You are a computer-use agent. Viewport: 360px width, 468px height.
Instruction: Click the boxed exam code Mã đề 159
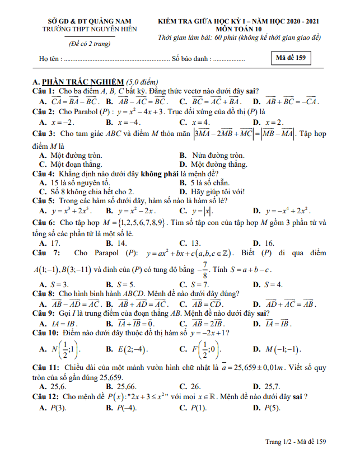coord(290,58)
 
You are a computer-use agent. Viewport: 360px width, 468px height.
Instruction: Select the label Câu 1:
coord(43,91)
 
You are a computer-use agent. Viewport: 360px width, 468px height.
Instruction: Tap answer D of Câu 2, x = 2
coord(274,122)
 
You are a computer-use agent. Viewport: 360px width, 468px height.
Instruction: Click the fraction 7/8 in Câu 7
coord(205,269)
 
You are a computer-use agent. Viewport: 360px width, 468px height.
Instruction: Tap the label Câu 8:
coord(43,293)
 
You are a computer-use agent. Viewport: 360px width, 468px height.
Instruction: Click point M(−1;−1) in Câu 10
coord(283,349)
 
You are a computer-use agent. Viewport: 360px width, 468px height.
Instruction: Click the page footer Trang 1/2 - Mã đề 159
coord(296,442)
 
